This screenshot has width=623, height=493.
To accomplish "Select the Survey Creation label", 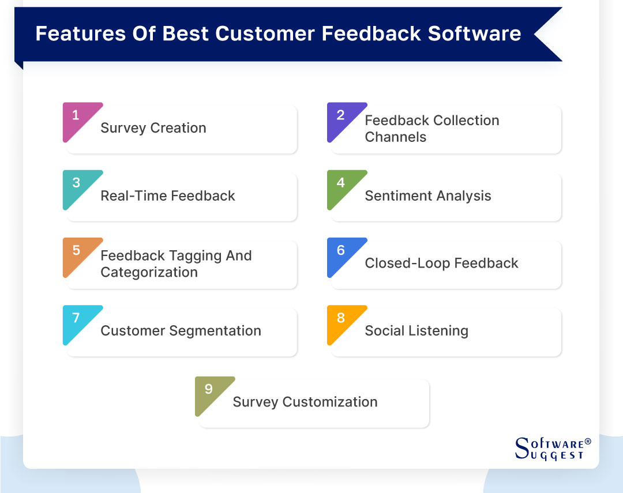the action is point(153,129).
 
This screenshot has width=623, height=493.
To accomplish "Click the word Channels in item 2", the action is point(396,137).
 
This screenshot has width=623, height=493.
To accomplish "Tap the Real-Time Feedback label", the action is point(168,196).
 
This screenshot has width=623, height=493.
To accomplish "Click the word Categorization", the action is point(149,273).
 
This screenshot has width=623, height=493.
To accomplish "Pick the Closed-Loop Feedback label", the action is point(441,264).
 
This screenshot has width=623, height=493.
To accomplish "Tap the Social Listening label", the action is point(416,331).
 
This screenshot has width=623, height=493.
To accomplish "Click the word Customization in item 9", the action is point(330,402).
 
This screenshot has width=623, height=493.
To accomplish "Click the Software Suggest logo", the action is point(553,449).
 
